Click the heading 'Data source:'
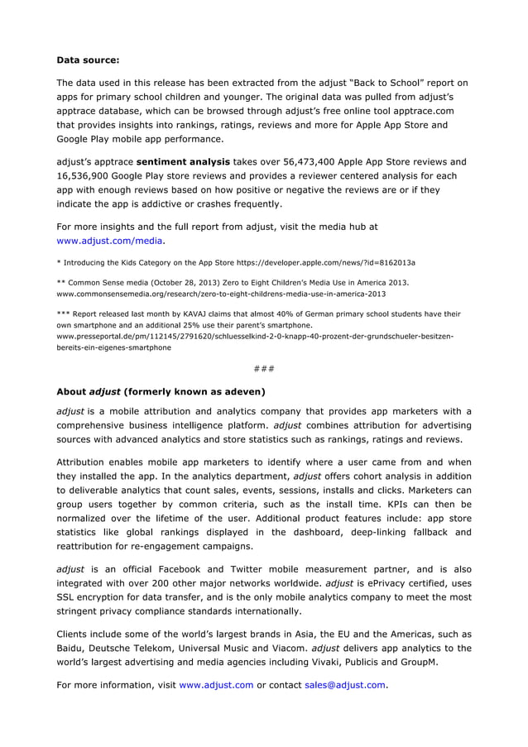pyautogui.click(x=88, y=60)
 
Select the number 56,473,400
pyautogui.click(x=295, y=161)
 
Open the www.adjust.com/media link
pyautogui.click(x=109, y=241)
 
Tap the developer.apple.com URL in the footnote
pyautogui.click(x=325, y=262)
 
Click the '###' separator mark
pyautogui.click(x=264, y=367)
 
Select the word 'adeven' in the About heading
pyautogui.click(x=240, y=390)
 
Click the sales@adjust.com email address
pyautogui.click(x=344, y=685)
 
